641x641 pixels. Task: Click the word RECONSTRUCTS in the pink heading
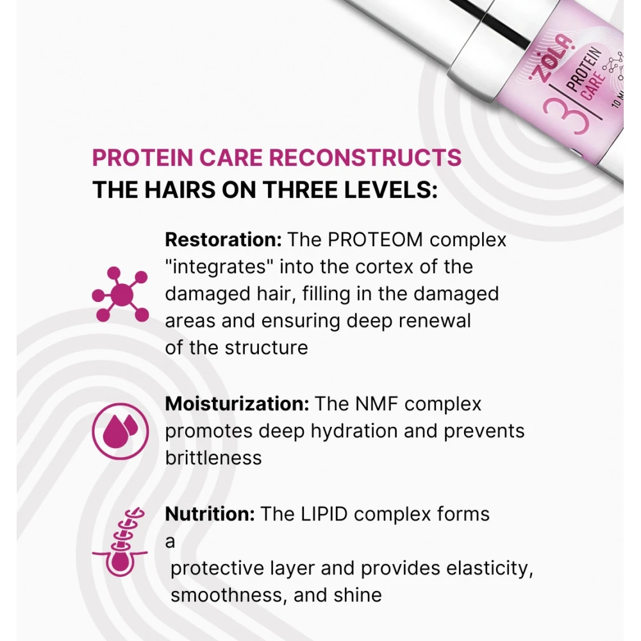click(x=365, y=158)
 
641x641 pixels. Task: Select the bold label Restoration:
click(x=223, y=240)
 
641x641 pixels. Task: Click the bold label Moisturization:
click(x=237, y=404)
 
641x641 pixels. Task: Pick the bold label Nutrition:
click(x=210, y=514)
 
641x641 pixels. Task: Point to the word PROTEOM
click(x=375, y=240)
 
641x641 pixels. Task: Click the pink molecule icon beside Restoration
click(x=121, y=294)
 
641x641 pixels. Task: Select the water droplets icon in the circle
click(x=121, y=431)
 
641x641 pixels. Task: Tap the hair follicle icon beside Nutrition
click(x=120, y=542)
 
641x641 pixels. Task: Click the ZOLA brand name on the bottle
click(x=554, y=58)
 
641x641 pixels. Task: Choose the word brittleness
click(x=213, y=458)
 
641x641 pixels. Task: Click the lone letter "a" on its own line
click(x=170, y=542)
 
